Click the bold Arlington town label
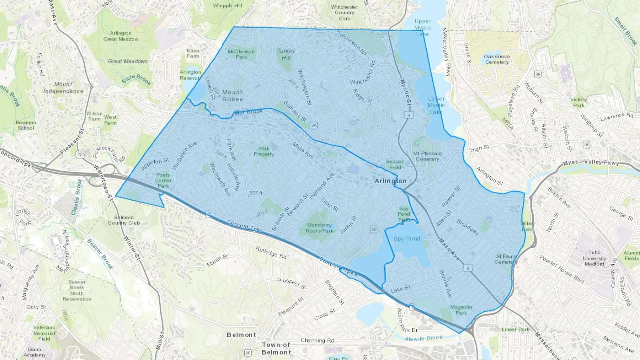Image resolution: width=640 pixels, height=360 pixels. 390,181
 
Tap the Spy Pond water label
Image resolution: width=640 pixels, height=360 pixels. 407,238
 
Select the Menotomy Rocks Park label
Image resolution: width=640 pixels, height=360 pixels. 319,228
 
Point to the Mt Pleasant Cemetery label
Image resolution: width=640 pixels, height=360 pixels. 427,156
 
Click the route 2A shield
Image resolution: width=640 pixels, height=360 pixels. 314,125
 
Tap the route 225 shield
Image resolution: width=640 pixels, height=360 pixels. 80,154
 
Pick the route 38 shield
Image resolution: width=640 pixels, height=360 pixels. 538,74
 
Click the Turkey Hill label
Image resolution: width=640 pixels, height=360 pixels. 286,54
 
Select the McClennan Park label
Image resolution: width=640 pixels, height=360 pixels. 241,54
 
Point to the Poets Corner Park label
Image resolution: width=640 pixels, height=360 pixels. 163,180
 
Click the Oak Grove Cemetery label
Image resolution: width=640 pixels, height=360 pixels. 497,59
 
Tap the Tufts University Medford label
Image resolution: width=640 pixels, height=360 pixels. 594,258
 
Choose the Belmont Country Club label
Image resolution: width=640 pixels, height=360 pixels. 124,220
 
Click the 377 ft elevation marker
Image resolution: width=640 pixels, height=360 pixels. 256,193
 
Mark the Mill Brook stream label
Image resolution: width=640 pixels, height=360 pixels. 249,112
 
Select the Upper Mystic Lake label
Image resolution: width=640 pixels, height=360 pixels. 422,28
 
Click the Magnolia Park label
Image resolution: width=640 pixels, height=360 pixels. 461,310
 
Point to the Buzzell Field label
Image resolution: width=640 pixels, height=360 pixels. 395,164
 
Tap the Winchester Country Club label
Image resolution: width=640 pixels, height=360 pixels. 345,12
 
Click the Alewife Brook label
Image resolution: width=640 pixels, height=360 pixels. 423,338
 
